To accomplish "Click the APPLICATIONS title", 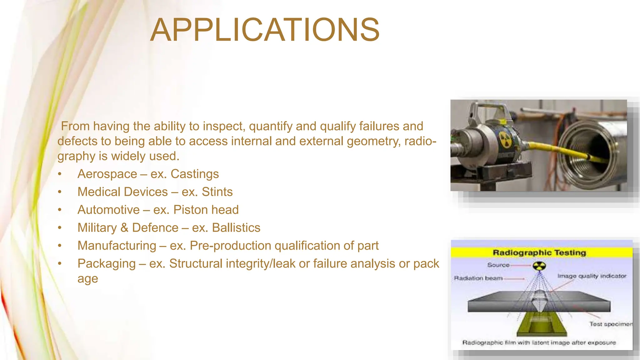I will (x=265, y=30).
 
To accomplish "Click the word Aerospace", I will (x=107, y=174).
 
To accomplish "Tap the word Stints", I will (x=217, y=192).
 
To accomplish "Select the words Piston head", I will (x=206, y=210).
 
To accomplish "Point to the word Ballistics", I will (x=236, y=228).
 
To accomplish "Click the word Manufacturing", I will (x=117, y=246).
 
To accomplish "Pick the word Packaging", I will (x=107, y=264).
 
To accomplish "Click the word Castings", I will (x=195, y=174).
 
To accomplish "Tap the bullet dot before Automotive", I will (x=60, y=210).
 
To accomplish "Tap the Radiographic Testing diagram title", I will (x=539, y=252).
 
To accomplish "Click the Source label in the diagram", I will (x=498, y=265).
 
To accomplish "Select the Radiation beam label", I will (x=478, y=278).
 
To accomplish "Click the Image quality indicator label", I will (x=592, y=276).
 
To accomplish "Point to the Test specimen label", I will (x=610, y=324).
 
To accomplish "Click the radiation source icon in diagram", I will (x=539, y=266).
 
